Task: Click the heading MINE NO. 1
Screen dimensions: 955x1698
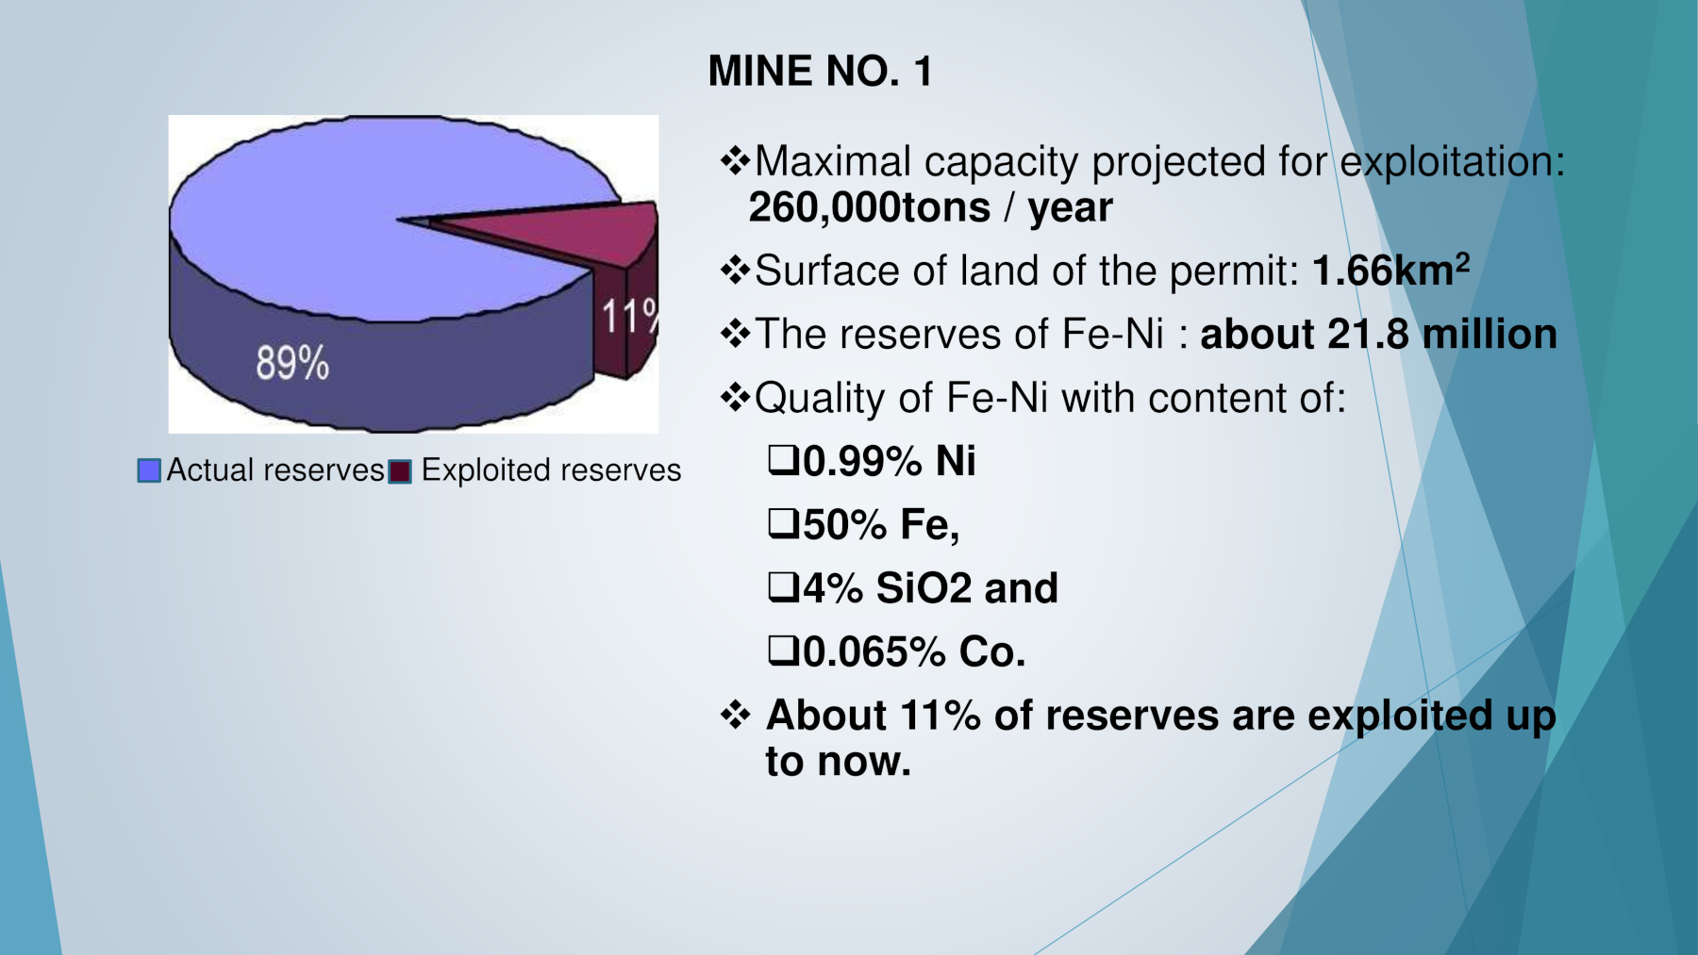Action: coord(820,72)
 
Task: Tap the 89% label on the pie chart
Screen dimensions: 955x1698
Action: coord(292,363)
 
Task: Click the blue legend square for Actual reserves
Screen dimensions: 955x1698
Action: coord(149,470)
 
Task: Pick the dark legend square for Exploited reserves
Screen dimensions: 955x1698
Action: coord(401,471)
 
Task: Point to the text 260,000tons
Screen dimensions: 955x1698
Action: coord(869,208)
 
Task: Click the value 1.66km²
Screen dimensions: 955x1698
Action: coord(1390,271)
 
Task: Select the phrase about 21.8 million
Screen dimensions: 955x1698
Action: coord(1377,335)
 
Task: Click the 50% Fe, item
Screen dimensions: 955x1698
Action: coord(880,525)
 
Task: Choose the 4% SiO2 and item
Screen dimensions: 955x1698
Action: coord(929,588)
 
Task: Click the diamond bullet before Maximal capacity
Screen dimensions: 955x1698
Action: coord(735,161)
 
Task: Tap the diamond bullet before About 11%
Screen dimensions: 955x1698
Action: coord(735,715)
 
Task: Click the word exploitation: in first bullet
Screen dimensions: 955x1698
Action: coord(1452,163)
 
